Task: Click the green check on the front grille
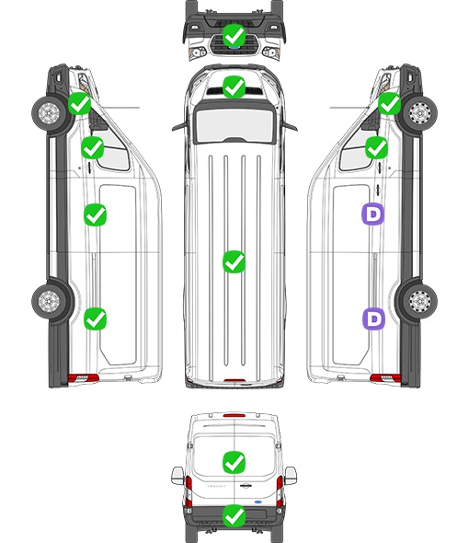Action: (234, 35)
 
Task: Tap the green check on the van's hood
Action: (234, 87)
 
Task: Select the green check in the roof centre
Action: (234, 261)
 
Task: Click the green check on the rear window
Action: (234, 462)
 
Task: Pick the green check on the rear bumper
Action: (234, 516)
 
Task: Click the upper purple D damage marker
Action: (372, 214)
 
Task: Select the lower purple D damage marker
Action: (373, 318)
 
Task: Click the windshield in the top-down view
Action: (234, 124)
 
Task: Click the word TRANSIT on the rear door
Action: (216, 486)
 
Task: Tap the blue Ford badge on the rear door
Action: (258, 502)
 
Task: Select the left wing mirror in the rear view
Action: (177, 476)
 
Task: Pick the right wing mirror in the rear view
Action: (291, 476)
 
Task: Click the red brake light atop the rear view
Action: (234, 415)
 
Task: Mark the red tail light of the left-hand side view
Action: (84, 378)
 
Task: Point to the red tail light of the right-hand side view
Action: (385, 378)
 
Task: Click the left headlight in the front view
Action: (198, 52)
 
